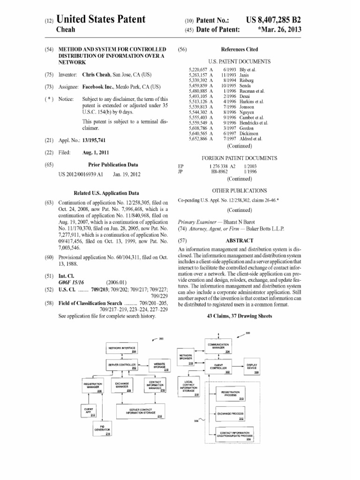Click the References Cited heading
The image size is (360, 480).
239,49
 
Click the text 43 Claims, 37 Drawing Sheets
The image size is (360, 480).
239,316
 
